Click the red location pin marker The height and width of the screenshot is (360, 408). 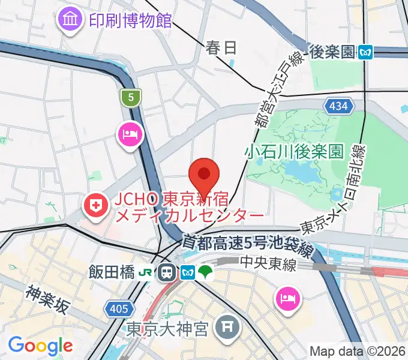click(x=203, y=175)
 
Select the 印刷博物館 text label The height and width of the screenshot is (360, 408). click(x=130, y=20)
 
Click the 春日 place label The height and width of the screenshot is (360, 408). click(x=221, y=47)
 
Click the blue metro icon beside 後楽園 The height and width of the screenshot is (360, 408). click(x=366, y=53)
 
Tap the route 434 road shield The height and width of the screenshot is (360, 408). click(x=337, y=106)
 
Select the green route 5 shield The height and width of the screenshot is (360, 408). click(x=130, y=97)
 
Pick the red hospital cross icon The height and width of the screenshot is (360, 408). click(x=94, y=206)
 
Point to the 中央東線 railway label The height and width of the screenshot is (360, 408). click(x=268, y=262)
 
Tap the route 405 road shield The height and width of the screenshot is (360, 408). click(x=119, y=308)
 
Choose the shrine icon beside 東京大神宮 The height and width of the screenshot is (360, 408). click(x=228, y=327)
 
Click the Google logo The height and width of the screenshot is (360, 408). click(x=40, y=346)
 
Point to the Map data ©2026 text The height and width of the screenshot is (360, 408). click(x=357, y=351)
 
